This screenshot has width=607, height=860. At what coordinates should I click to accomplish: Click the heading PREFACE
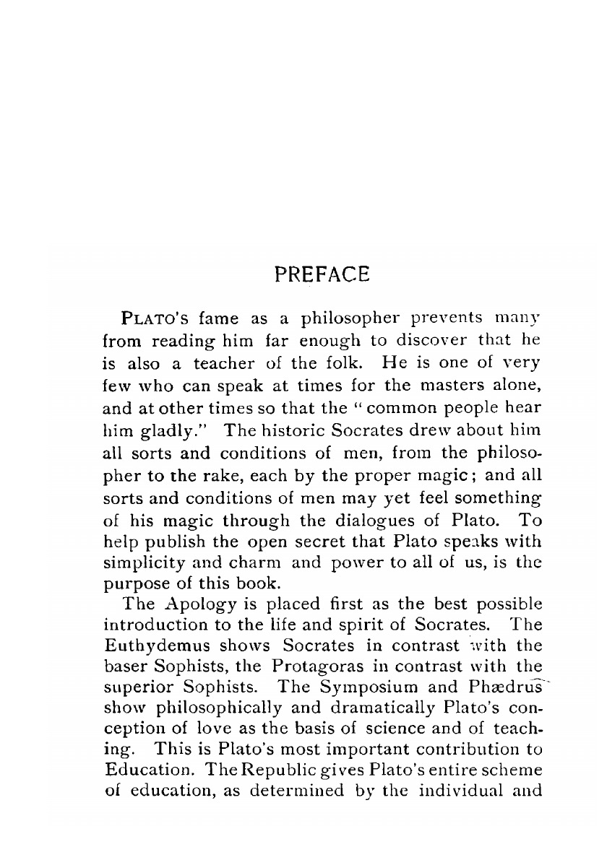322,274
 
